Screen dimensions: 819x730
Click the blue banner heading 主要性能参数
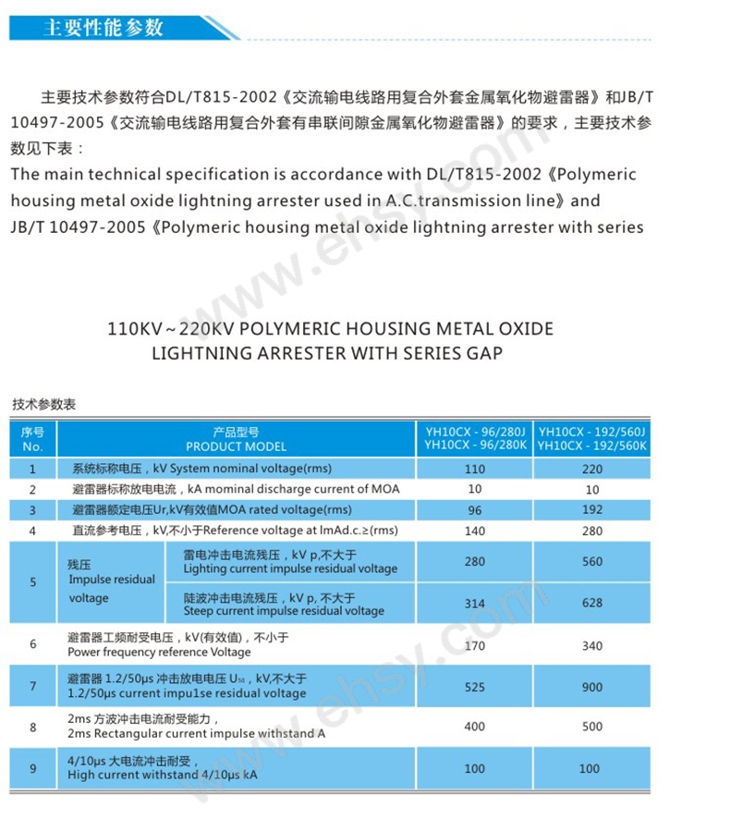(x=103, y=27)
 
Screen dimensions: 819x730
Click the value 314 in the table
(x=475, y=603)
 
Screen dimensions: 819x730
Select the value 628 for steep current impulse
(x=592, y=603)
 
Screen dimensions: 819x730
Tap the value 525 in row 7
(x=475, y=687)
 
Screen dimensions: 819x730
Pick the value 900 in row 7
(x=592, y=687)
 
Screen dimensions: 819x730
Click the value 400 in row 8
(x=475, y=727)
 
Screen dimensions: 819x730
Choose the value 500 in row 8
(x=592, y=727)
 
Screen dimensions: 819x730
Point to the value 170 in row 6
(x=475, y=645)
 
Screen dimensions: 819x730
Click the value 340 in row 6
(x=592, y=645)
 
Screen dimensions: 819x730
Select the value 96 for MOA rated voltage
(x=475, y=509)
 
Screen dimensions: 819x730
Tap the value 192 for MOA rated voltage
(x=592, y=509)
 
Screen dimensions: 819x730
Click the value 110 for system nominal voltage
(x=475, y=469)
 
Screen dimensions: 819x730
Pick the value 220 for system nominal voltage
(x=592, y=469)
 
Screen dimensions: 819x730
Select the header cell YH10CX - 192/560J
(x=592, y=431)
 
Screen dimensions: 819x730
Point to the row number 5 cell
(x=33, y=581)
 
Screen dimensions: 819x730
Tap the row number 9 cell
(x=33, y=768)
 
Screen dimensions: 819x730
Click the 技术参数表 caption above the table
(x=43, y=405)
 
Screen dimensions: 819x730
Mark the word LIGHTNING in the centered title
(x=198, y=353)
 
